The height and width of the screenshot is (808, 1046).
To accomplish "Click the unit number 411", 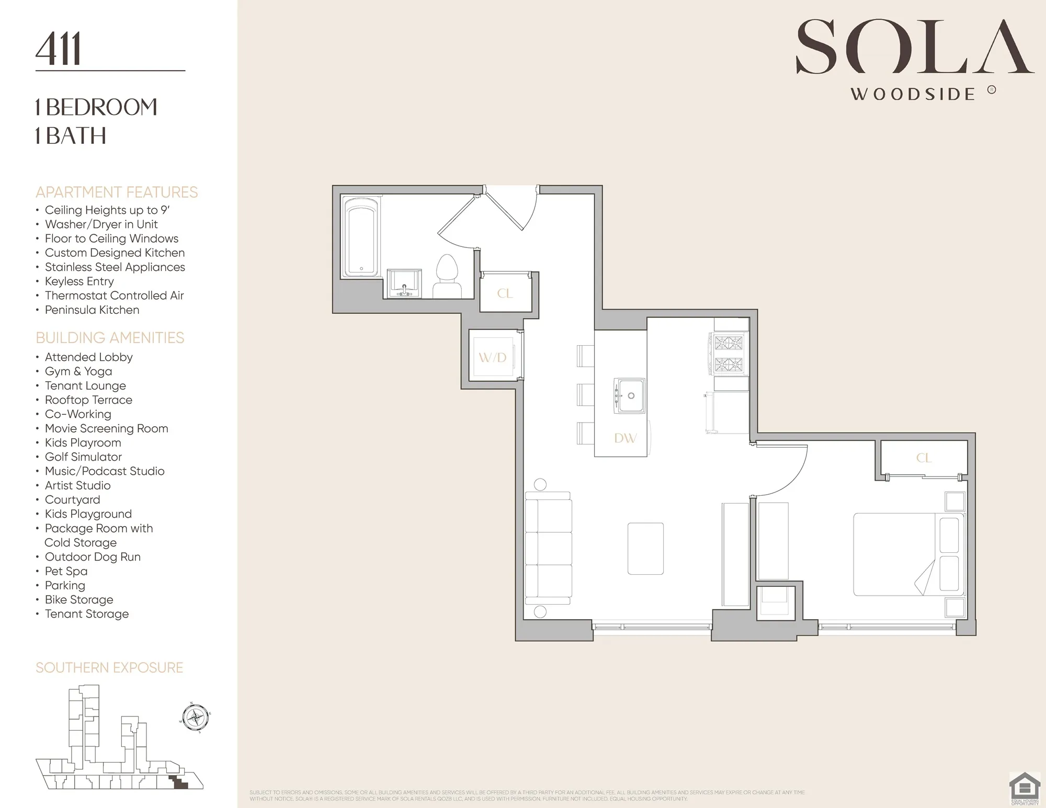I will [59, 49].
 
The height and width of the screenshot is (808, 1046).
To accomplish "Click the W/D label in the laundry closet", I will [493, 358].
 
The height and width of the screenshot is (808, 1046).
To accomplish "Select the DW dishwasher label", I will [625, 438].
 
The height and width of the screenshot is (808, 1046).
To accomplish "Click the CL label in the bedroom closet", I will [924, 458].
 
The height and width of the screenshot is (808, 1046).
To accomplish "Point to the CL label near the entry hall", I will [505, 293].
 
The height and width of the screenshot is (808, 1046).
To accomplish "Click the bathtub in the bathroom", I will [361, 238].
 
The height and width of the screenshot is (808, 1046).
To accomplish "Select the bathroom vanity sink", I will [404, 283].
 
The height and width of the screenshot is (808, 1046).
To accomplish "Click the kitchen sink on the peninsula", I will [629, 395].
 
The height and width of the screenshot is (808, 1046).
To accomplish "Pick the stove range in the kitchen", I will [729, 354].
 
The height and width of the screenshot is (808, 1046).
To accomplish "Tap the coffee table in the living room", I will [645, 549].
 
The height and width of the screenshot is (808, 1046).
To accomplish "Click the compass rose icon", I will [196, 717].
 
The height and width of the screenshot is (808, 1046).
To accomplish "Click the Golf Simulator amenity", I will [83, 457].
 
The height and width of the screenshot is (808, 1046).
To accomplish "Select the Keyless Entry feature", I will [79, 281].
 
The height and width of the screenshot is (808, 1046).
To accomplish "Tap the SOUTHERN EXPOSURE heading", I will [109, 668].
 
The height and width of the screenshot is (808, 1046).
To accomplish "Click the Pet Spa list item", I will [66, 571].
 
